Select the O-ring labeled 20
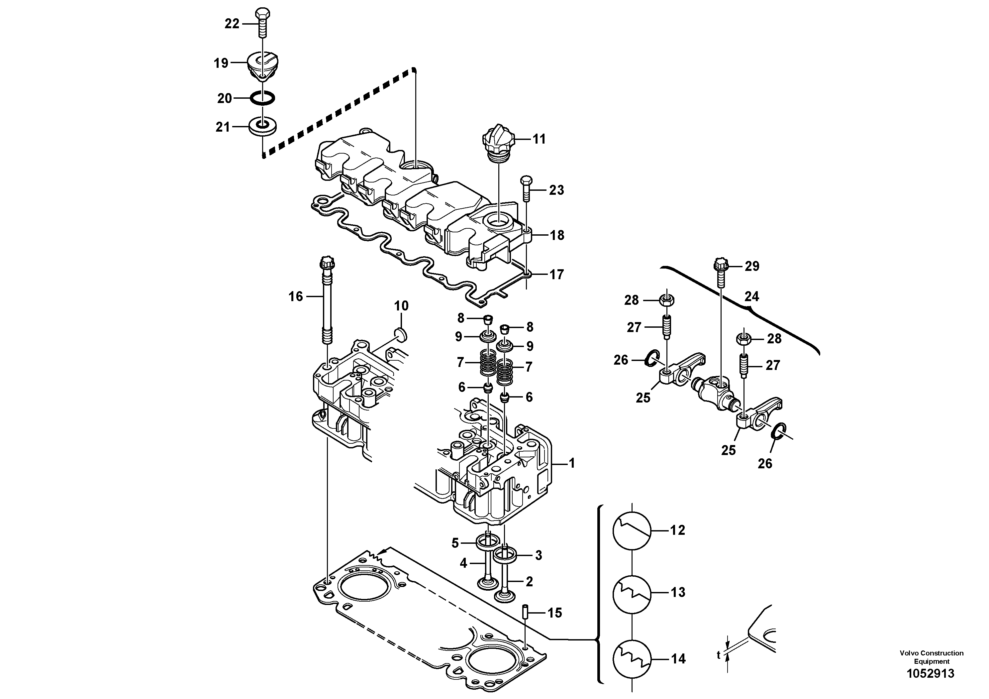(x=263, y=98)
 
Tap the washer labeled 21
(x=263, y=126)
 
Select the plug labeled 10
(x=401, y=334)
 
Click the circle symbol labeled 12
(x=632, y=530)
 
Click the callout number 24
(x=752, y=296)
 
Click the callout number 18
(x=557, y=235)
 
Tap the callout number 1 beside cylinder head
(x=572, y=464)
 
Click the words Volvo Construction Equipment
(x=931, y=657)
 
